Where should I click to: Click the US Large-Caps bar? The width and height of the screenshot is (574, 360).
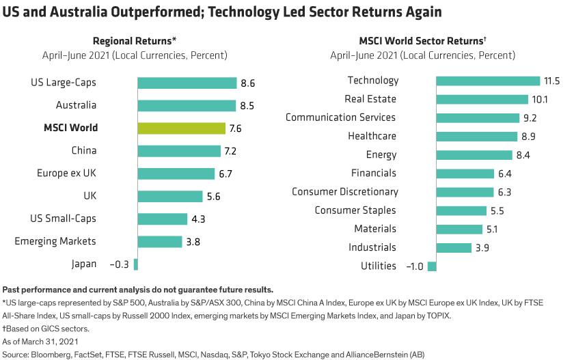click(187, 83)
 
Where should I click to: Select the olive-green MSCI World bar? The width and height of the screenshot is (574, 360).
click(181, 128)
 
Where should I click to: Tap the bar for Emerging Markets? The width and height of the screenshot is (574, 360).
click(159, 241)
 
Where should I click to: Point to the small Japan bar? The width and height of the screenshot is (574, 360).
click(135, 264)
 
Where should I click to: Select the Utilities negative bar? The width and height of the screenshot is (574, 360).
click(432, 266)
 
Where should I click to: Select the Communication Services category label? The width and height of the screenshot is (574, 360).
click(340, 117)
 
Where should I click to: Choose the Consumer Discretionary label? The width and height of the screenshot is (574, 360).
click(344, 192)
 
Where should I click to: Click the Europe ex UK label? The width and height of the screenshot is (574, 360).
click(66, 174)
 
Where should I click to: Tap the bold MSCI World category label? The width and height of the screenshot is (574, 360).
click(70, 128)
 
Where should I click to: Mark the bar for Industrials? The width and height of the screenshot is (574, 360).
click(453, 247)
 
